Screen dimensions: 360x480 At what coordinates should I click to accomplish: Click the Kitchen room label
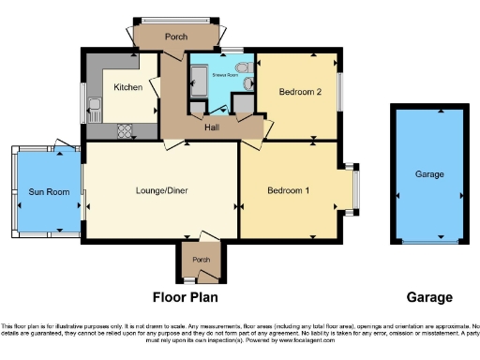tap(127, 86)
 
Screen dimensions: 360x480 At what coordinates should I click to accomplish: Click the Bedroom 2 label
tap(300, 91)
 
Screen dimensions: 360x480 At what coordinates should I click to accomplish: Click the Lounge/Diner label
tap(162, 190)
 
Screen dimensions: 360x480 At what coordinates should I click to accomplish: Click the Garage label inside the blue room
tap(429, 174)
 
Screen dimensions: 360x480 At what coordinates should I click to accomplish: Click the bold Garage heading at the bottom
tap(429, 298)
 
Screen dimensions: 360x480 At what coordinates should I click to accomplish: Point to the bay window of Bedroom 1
tap(354, 187)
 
